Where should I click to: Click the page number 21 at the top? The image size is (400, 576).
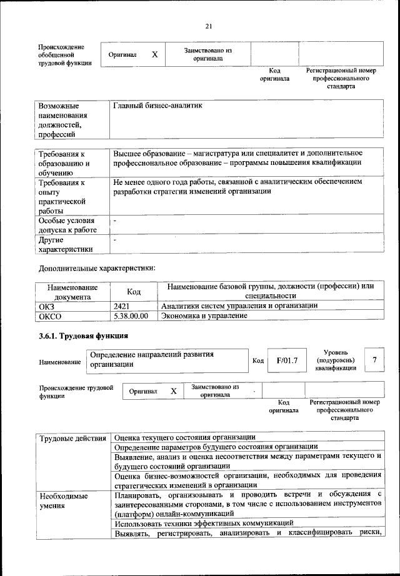tap(208, 26)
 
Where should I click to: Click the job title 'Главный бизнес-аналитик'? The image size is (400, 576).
tap(157, 106)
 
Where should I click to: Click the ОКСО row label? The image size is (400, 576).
tap(49, 316)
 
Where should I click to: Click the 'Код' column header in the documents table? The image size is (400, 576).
tap(134, 291)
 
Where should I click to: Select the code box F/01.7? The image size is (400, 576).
tap(287, 360)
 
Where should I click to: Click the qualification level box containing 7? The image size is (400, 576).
tap(374, 360)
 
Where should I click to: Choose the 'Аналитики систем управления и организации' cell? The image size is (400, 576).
tap(239, 305)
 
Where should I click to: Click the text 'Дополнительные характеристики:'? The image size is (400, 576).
tap(96, 269)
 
